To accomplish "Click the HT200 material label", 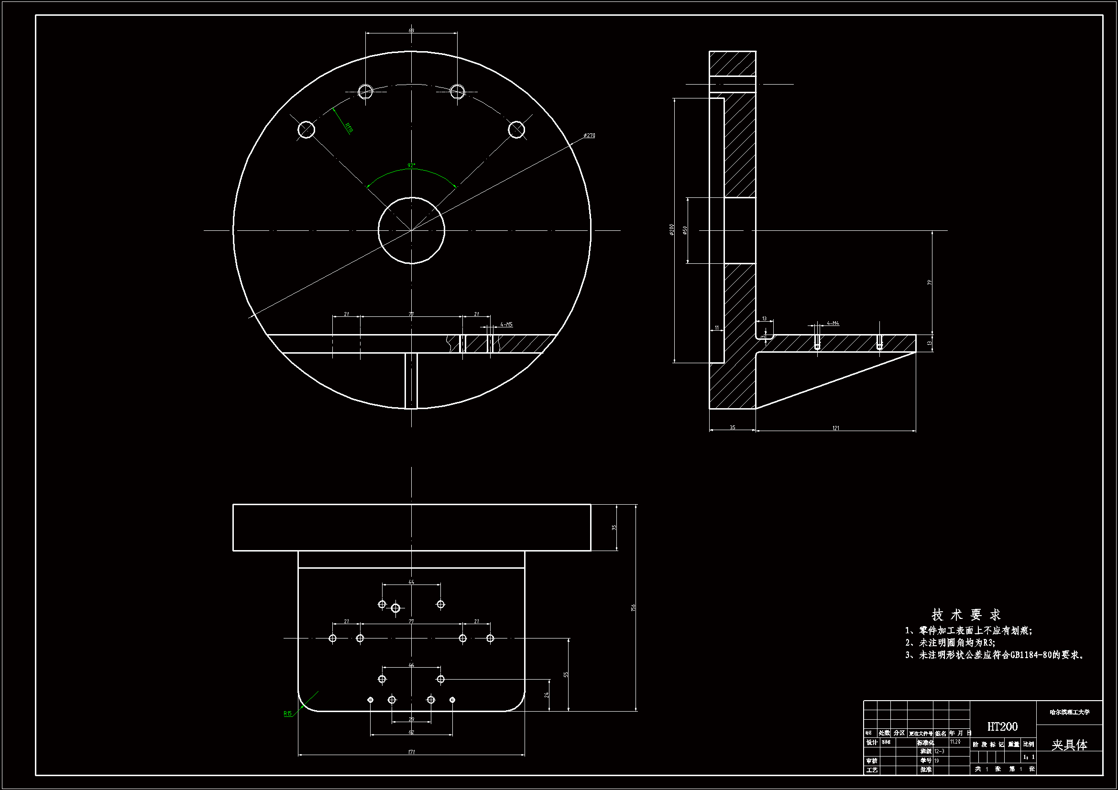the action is point(1002,726).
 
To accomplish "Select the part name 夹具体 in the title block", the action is point(1069,745).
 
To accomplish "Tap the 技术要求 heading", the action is point(966,615).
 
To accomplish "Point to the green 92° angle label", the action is point(411,166).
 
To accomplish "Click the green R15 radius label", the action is point(288,714).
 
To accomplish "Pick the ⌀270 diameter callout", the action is point(589,135).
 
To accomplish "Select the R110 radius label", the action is point(349,128).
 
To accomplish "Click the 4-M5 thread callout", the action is point(506,324).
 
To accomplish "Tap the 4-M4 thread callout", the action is point(833,323).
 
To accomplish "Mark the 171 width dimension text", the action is point(411,752).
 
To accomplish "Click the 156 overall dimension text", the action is point(633,607).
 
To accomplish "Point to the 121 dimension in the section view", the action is point(835,428).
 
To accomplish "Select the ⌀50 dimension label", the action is point(685,230).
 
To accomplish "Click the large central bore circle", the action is point(411,231).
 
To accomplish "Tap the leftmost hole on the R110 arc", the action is point(307,130).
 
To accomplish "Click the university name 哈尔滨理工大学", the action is point(1069,712).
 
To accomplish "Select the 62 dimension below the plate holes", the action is point(411,732).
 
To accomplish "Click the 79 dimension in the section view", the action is point(930,283).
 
